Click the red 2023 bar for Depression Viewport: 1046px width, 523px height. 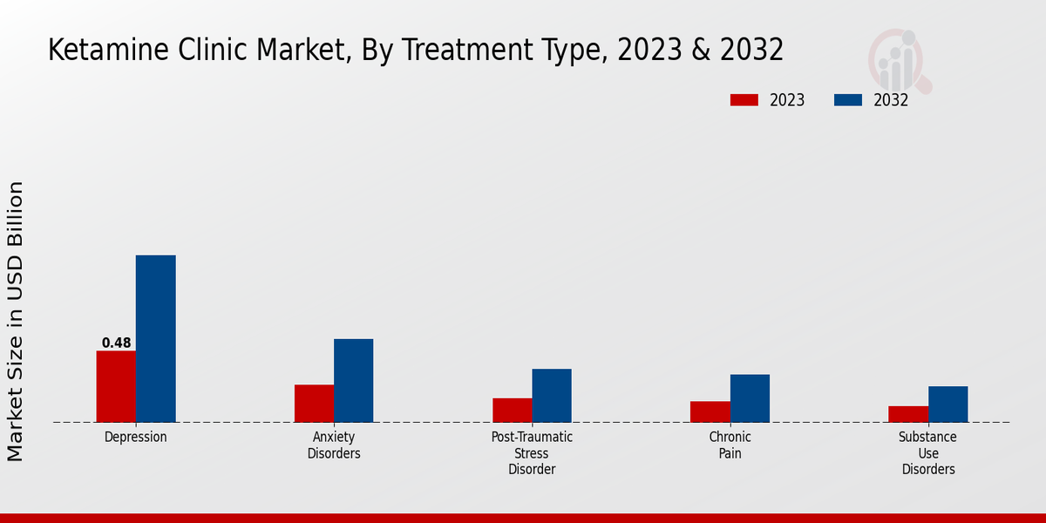(x=116, y=386)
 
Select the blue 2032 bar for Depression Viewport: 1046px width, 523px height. (x=155, y=338)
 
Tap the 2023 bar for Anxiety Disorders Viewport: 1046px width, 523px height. (x=314, y=403)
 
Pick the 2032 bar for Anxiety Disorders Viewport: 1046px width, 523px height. (x=353, y=380)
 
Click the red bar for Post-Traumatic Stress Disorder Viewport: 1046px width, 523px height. (x=512, y=410)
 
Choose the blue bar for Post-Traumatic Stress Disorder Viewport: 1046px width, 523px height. (x=552, y=395)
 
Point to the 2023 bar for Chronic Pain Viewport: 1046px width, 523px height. (x=710, y=411)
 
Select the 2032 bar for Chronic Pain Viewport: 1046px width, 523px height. (x=750, y=398)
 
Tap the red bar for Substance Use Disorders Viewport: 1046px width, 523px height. (x=908, y=414)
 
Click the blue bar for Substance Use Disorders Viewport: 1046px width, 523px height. (x=948, y=404)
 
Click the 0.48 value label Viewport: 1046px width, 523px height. (x=116, y=343)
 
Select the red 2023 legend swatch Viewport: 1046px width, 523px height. (x=744, y=100)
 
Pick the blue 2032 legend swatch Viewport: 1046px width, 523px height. (x=847, y=100)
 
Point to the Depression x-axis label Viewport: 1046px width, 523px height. (x=135, y=437)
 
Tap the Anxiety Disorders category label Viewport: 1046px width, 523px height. (x=334, y=445)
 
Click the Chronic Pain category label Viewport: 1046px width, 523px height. (x=730, y=445)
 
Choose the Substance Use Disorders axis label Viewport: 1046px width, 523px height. (x=928, y=453)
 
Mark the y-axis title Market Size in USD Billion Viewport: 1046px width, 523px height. (x=16, y=321)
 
